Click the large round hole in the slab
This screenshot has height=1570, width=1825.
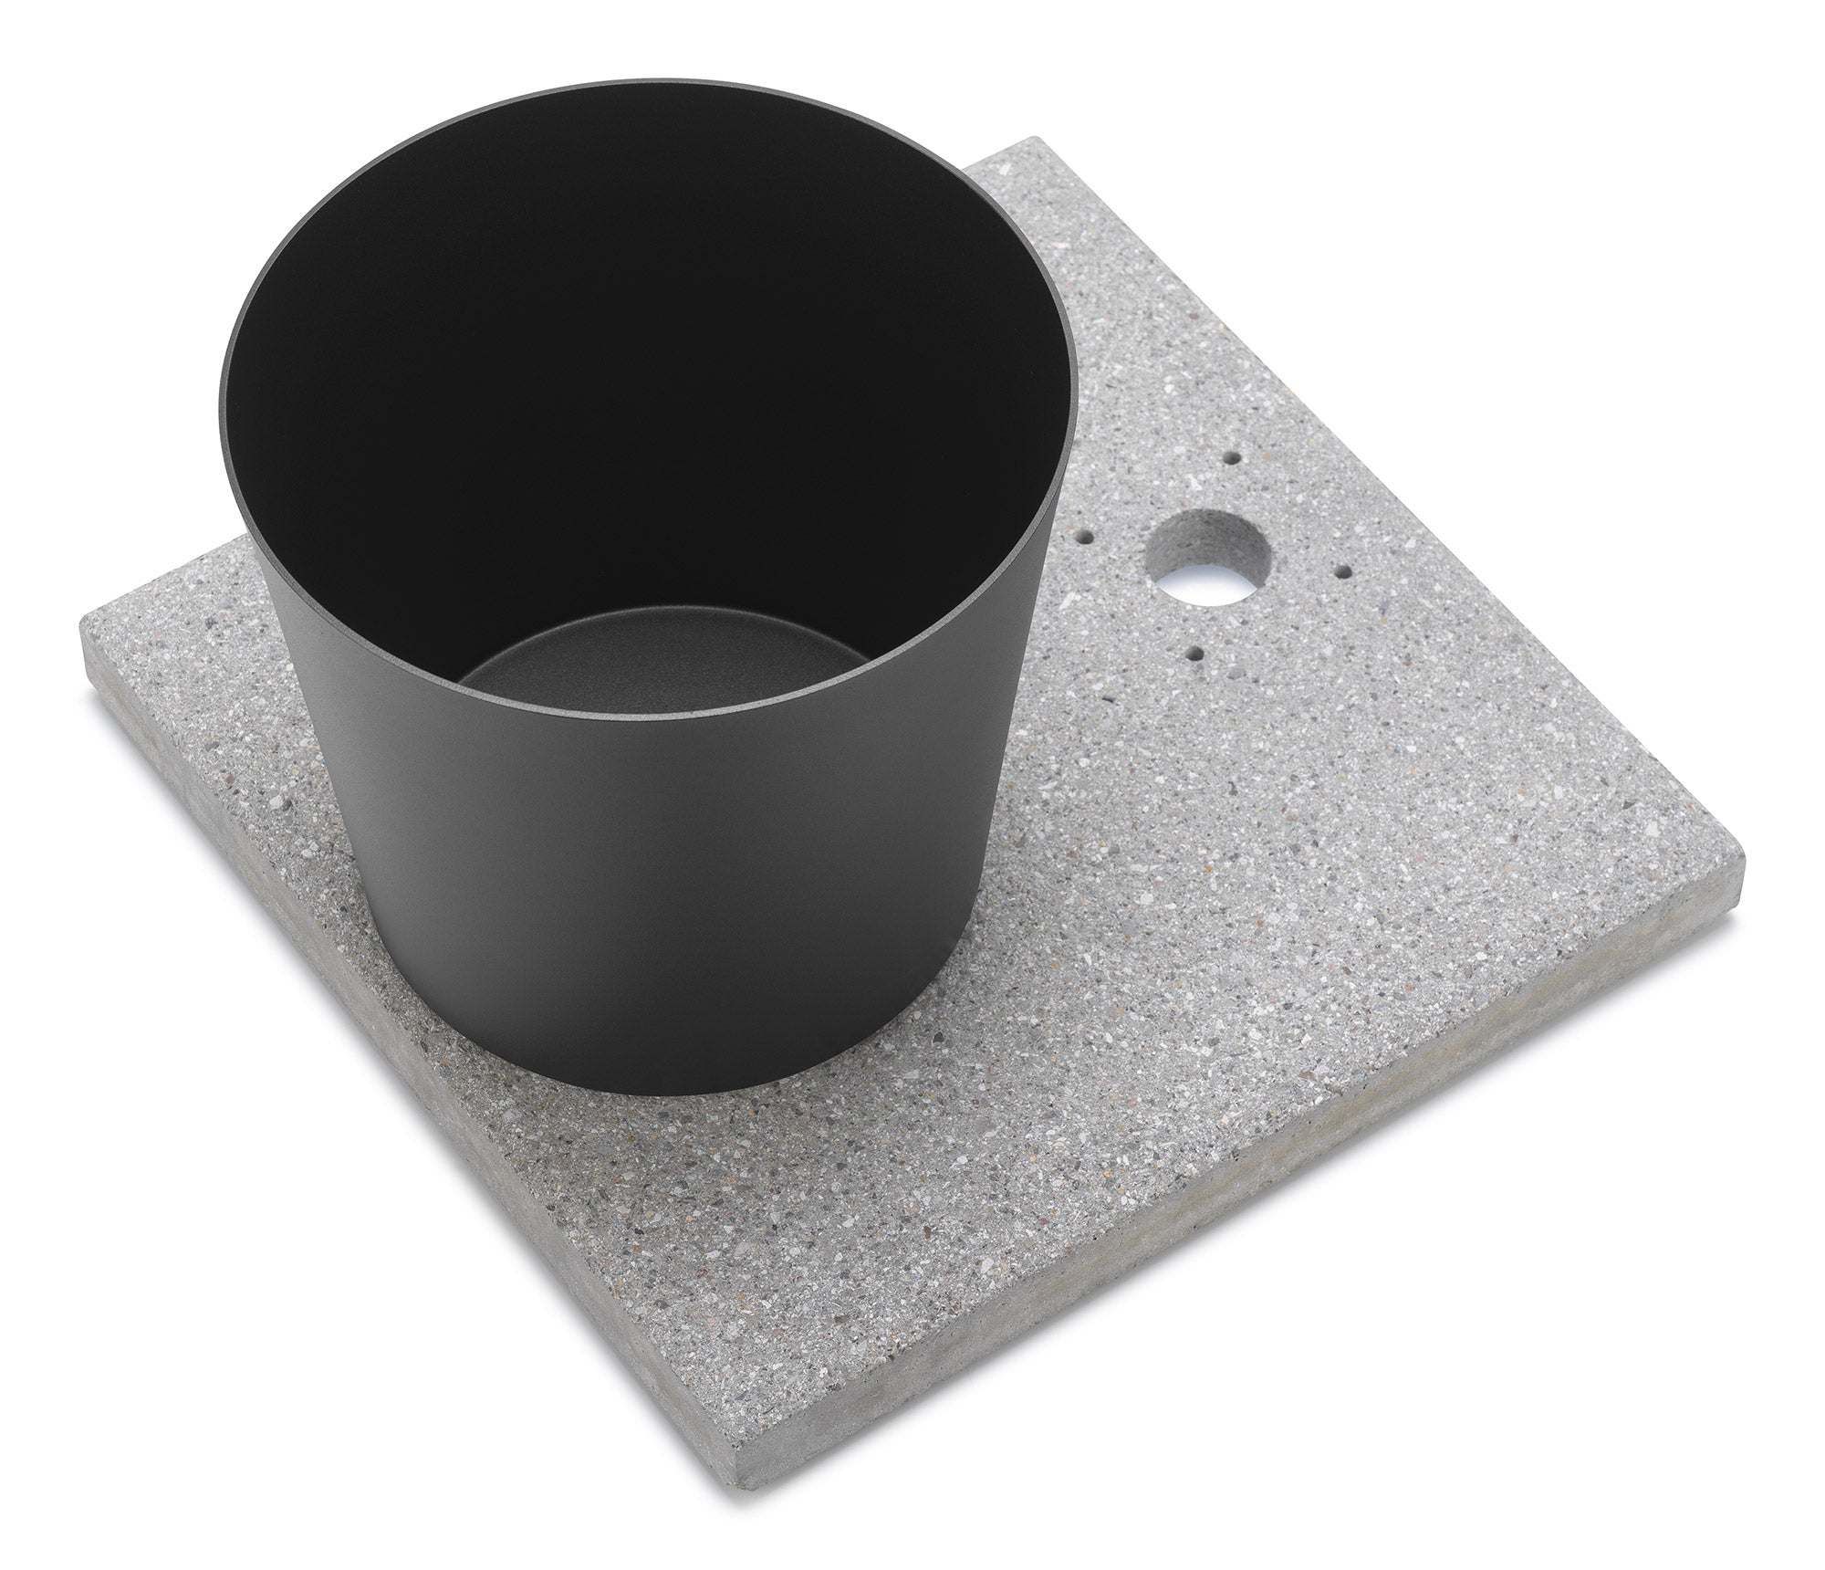click(1206, 558)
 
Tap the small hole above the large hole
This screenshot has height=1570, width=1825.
click(1234, 456)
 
